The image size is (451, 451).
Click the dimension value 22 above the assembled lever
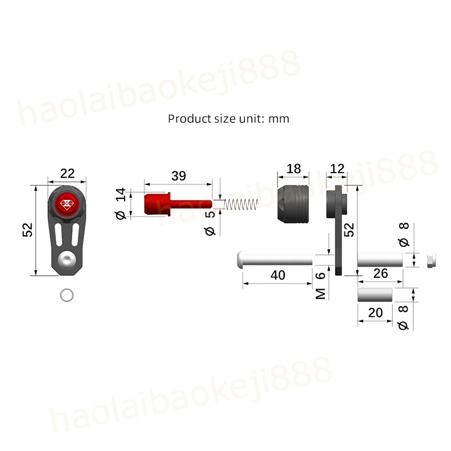pyautogui.click(x=67, y=174)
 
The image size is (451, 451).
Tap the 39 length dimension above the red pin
pyautogui.click(x=179, y=176)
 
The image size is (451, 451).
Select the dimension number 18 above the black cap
pyautogui.click(x=294, y=169)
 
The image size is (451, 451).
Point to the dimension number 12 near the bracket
pyautogui.click(x=337, y=169)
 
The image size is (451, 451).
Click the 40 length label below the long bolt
pyautogui.click(x=278, y=275)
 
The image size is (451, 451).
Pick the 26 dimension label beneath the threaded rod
pyautogui.click(x=381, y=273)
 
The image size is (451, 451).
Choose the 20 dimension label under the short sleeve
pyautogui.click(x=375, y=313)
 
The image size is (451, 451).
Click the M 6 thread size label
pyautogui.click(x=320, y=286)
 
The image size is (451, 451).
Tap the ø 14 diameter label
pyautogui.click(x=121, y=204)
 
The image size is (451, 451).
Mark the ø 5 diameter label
pyautogui.click(x=210, y=223)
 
